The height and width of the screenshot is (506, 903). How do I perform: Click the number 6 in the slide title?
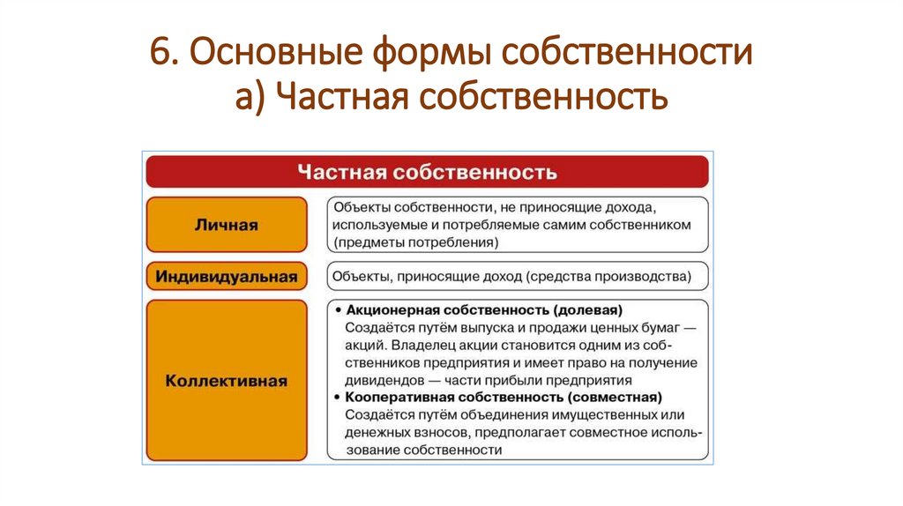160,54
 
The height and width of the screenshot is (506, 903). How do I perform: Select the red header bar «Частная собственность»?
427,171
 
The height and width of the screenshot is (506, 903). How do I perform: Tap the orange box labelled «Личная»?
227,225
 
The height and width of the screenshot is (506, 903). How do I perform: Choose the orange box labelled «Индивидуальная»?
227,276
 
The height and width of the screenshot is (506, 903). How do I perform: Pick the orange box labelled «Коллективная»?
227,381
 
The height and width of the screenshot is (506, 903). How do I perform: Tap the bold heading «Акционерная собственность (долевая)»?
484,310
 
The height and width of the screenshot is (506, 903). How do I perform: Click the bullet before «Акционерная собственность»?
338,310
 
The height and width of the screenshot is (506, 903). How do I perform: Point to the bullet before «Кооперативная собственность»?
338,398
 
